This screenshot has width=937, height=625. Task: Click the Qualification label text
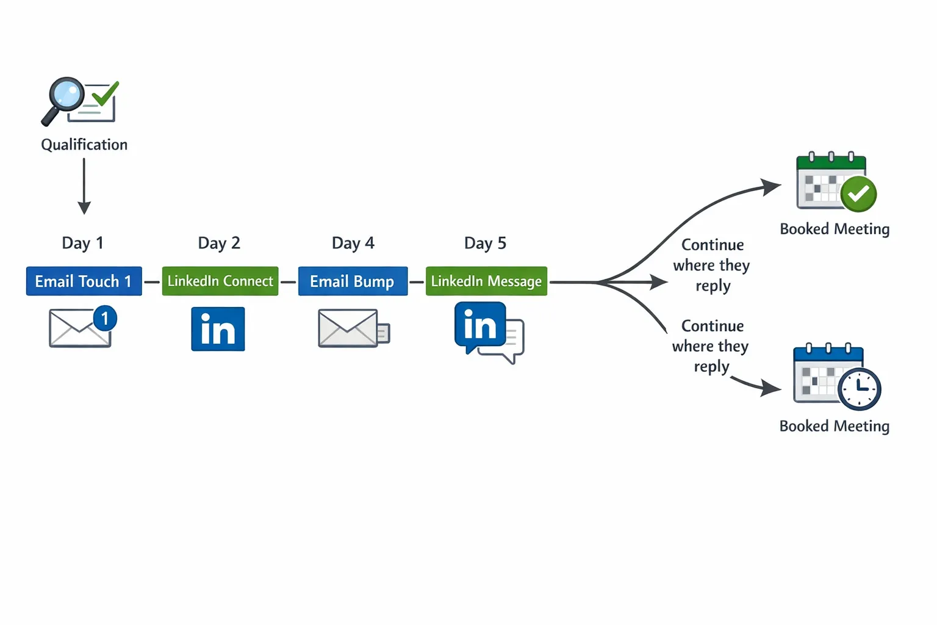(84, 145)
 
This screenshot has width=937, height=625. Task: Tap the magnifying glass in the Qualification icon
(65, 96)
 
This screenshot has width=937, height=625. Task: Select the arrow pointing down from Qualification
(84, 186)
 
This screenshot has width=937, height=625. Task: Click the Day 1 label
(82, 243)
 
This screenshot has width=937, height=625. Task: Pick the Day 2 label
(219, 243)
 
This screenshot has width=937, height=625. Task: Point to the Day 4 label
(353, 243)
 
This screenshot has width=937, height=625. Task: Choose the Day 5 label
(485, 243)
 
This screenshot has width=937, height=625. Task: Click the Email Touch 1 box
(84, 281)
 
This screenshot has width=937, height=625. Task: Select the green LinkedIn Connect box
(220, 281)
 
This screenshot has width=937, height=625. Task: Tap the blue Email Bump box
(353, 281)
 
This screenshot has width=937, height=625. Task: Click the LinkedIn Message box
(486, 281)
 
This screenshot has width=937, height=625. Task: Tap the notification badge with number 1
(105, 318)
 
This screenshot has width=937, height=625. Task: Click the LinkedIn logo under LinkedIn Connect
(218, 329)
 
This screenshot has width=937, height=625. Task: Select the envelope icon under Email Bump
(348, 328)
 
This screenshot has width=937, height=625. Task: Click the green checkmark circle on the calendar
(858, 194)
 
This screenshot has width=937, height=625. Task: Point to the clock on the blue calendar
(859, 389)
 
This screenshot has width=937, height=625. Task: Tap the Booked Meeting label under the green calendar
(834, 229)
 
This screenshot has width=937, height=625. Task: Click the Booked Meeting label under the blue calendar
(834, 426)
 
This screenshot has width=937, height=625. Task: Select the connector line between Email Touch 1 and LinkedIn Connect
(152, 282)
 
